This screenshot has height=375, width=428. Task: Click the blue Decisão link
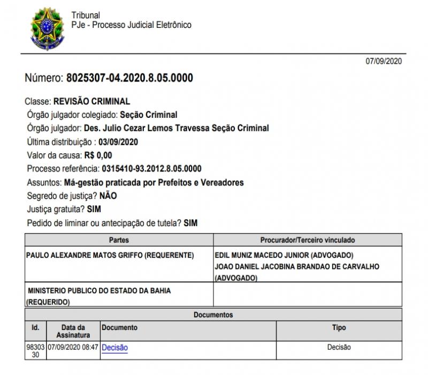click(x=114, y=347)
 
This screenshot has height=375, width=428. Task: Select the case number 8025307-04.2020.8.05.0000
click(x=129, y=78)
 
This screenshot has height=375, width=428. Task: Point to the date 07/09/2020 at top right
click(x=384, y=62)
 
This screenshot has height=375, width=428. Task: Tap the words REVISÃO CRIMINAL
click(x=92, y=101)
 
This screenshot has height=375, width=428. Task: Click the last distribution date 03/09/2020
click(x=120, y=142)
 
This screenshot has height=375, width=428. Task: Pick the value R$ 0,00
click(x=97, y=155)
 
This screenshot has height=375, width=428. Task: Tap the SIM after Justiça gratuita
click(x=94, y=209)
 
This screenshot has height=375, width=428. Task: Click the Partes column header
click(x=119, y=240)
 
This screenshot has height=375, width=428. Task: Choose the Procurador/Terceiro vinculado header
click(x=307, y=240)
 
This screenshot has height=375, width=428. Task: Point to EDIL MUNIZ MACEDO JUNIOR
click(x=265, y=256)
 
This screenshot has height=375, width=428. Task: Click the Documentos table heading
click(x=213, y=314)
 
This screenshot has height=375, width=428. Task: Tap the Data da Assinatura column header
click(x=73, y=331)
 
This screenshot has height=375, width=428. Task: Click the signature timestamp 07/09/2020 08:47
click(x=73, y=347)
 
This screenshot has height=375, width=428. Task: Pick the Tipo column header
click(x=339, y=327)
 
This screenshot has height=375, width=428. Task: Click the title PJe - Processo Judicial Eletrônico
click(x=131, y=25)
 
